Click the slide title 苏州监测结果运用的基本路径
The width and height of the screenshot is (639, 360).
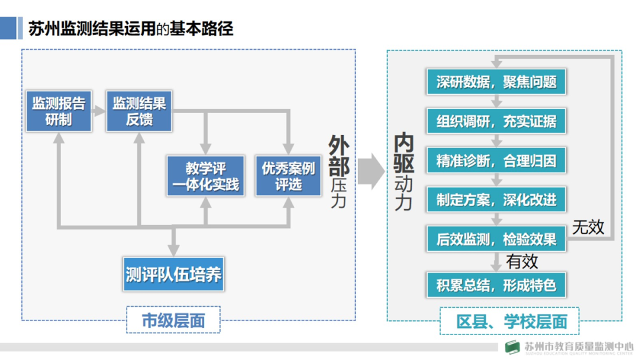click(x=131, y=28)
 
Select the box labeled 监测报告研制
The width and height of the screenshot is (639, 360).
click(x=58, y=111)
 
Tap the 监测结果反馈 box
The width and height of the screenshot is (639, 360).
click(x=139, y=111)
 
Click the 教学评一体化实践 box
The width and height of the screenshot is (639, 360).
click(x=205, y=176)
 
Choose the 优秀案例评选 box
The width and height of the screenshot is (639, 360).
click(x=288, y=176)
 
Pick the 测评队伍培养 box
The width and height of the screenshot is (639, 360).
click(x=173, y=274)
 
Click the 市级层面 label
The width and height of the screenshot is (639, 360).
click(x=173, y=320)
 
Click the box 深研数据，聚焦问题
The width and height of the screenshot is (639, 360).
click(x=496, y=82)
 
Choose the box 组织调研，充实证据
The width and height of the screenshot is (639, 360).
click(x=496, y=121)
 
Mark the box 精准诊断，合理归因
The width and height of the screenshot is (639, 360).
click(x=496, y=160)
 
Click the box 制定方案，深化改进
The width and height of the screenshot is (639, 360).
click(x=496, y=200)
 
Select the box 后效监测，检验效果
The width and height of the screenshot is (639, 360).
click(x=496, y=239)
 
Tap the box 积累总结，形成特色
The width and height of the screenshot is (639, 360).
click(x=496, y=285)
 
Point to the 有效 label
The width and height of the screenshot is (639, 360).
click(x=522, y=261)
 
